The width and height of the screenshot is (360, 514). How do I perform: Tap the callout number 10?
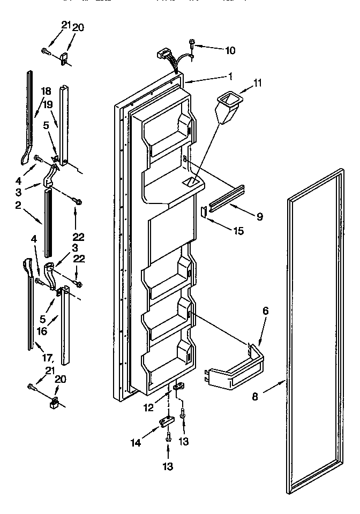(230, 51)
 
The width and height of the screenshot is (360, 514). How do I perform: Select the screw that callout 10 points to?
(191, 42)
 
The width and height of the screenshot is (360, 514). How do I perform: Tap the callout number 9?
(259, 217)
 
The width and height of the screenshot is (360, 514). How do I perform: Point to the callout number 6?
(265, 311)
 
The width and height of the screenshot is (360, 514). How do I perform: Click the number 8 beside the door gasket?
(255, 397)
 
